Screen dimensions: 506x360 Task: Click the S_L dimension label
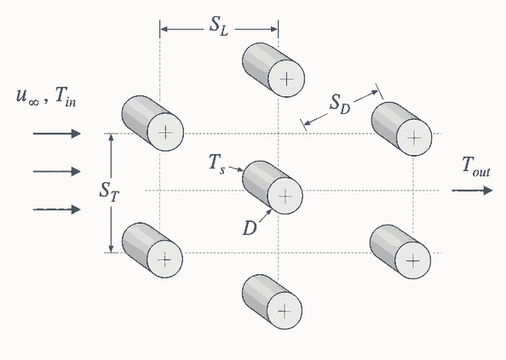(x=219, y=26)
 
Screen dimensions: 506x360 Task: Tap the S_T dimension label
(x=109, y=192)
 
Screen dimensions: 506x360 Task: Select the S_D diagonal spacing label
(x=340, y=106)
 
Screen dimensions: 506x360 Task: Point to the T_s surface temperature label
(x=216, y=164)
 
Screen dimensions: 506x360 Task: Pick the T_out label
(x=476, y=167)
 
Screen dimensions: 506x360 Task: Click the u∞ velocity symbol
(x=28, y=97)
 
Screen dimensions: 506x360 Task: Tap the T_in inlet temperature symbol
(x=66, y=97)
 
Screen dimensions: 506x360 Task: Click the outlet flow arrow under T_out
(x=473, y=191)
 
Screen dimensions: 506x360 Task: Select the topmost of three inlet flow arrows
(x=57, y=133)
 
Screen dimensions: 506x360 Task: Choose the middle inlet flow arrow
(x=57, y=171)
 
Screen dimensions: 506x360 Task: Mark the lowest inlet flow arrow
(x=57, y=209)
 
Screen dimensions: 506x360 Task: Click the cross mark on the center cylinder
(x=285, y=197)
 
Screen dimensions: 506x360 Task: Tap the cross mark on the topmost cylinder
(x=286, y=79)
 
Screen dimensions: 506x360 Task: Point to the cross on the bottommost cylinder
(x=285, y=311)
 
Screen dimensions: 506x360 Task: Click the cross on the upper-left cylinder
(x=165, y=133)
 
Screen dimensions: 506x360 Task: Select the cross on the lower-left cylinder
(x=165, y=259)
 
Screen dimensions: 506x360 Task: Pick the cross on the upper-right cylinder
(x=414, y=138)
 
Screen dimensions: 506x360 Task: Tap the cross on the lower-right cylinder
(x=413, y=260)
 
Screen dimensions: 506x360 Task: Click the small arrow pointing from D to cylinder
(x=265, y=216)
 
